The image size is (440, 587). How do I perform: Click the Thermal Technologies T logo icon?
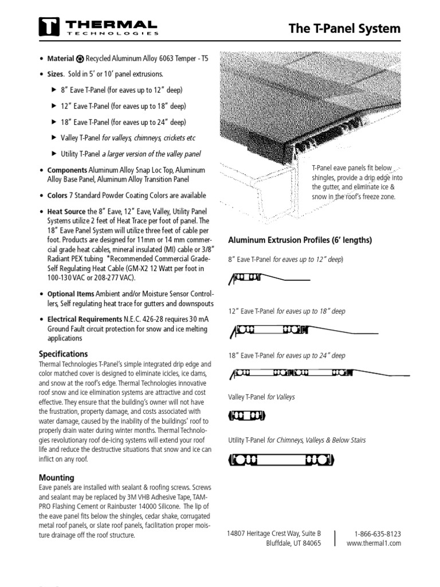tap(49, 27)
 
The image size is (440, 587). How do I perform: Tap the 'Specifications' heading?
tap(63, 354)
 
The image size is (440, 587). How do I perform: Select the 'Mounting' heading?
tap(56, 478)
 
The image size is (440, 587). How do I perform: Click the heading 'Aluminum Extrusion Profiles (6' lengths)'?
tap(300, 240)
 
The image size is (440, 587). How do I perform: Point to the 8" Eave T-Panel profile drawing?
tap(269, 279)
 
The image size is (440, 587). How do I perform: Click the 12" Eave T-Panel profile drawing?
tap(304, 330)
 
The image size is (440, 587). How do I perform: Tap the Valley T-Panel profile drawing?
tap(247, 416)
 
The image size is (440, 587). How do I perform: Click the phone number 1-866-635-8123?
tap(374, 533)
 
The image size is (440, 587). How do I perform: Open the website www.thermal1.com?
tap(374, 543)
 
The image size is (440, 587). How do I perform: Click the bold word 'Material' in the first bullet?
tap(60, 58)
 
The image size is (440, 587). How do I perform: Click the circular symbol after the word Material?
tap(80, 58)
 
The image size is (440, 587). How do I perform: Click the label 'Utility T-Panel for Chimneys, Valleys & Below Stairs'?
tap(296, 440)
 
